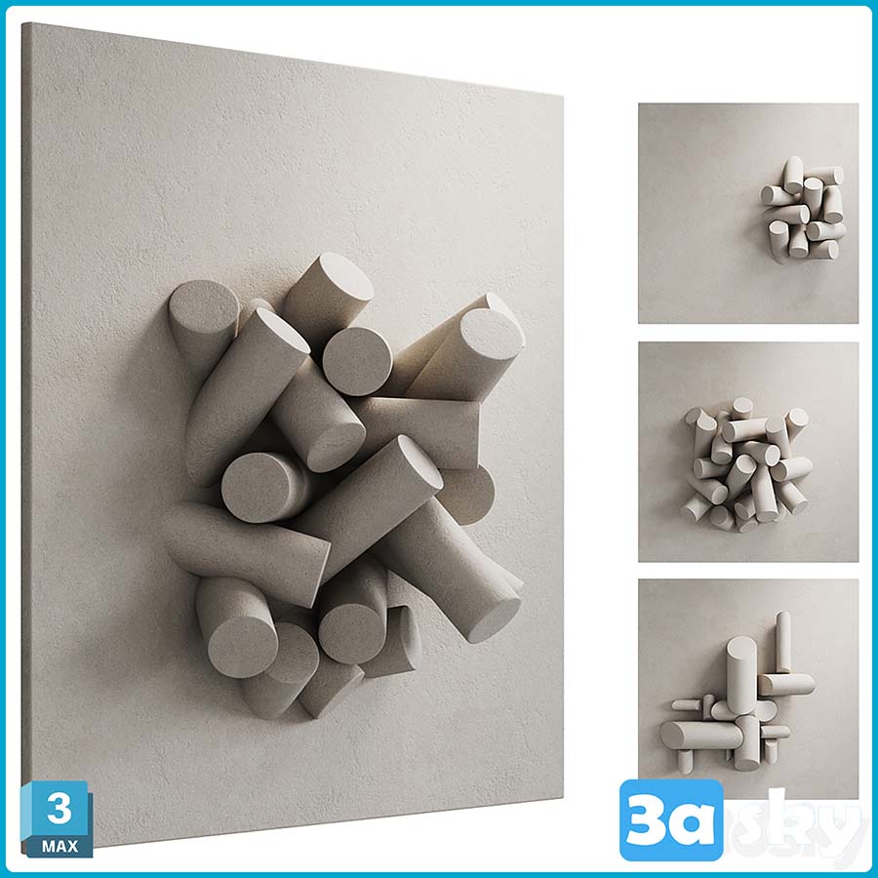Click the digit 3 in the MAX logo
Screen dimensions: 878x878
click(59, 808)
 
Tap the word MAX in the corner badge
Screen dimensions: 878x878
click(60, 845)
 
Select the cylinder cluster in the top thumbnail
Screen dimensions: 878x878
click(802, 210)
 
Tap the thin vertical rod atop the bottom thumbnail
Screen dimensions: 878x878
click(782, 642)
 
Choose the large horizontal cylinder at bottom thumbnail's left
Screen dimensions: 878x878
click(699, 735)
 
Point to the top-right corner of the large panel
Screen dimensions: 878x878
click(562, 97)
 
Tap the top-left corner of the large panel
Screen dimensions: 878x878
click(23, 23)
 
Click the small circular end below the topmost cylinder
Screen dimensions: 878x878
click(357, 361)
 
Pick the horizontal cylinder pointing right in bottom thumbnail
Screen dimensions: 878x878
click(786, 684)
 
